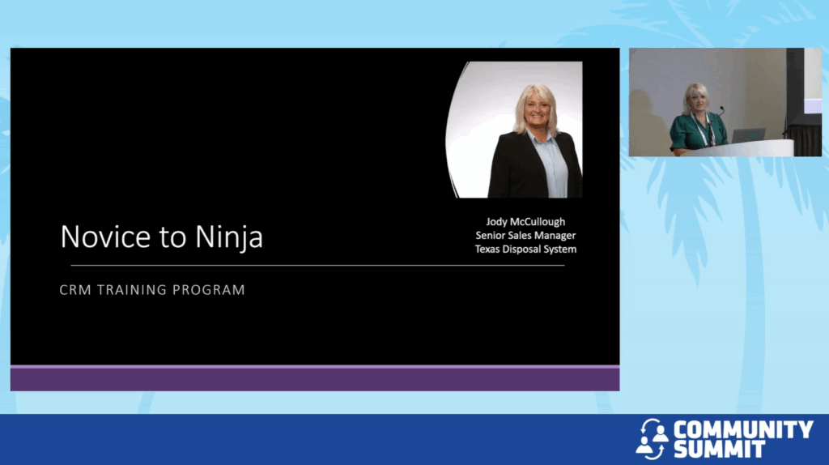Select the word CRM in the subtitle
(75, 290)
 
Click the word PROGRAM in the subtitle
(209, 290)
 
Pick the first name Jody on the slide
(496, 222)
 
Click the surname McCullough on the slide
(538, 222)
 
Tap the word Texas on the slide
(487, 250)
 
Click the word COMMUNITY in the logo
(743, 429)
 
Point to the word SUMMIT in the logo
(719, 449)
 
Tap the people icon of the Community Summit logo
(652, 439)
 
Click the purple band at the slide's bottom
(315, 378)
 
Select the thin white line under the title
(317, 265)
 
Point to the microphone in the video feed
(721, 111)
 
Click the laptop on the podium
(747, 135)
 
